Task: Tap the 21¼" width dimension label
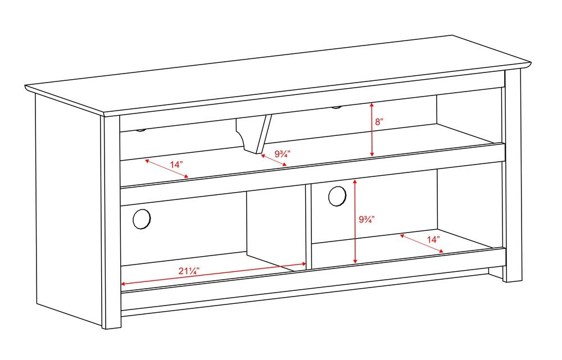[189, 271]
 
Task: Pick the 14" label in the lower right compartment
[433, 239]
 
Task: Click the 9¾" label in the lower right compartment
[367, 220]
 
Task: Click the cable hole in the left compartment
[142, 218]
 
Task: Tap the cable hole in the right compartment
[337, 195]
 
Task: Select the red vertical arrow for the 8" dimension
[371, 130]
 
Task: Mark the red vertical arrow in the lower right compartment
[355, 221]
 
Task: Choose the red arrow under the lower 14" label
[422, 244]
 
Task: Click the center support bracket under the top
[254, 133]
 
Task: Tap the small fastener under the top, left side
[140, 130]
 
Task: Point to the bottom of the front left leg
[111, 326]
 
